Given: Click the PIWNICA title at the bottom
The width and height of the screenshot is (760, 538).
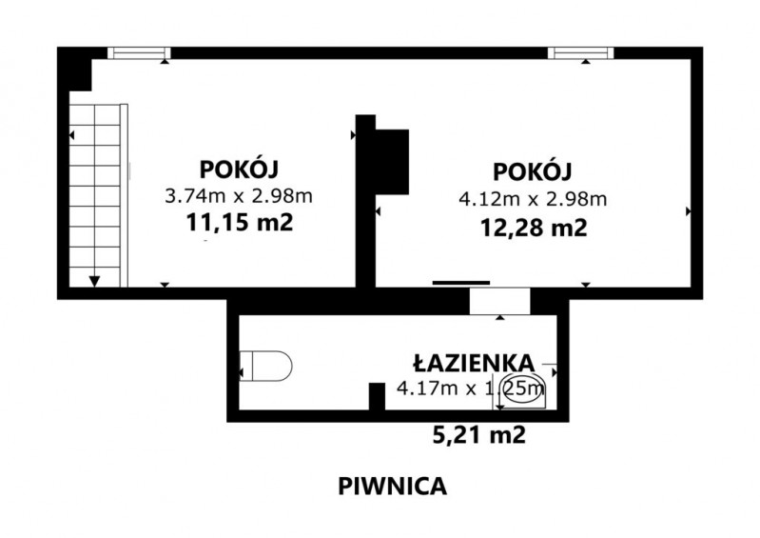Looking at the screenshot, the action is coord(392,486).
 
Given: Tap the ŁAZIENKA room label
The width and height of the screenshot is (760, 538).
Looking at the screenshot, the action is coord(474,363).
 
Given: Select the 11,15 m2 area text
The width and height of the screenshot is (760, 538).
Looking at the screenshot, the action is coord(240,223).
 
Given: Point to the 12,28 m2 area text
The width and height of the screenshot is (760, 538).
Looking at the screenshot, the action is coord(534,227).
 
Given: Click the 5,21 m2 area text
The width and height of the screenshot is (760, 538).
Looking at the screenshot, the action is coord(478,434).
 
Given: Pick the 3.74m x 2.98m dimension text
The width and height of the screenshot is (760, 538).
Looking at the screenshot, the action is coord(239,196).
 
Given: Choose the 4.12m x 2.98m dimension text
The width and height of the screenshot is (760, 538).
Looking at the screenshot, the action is coord(533,199).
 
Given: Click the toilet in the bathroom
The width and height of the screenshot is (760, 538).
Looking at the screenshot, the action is coord(266,367).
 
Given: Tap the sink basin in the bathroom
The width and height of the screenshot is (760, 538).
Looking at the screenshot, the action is coord(521,391).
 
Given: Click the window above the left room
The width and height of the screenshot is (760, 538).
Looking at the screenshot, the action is coord(139,53).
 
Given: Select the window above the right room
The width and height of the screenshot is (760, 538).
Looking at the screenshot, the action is coord(580,53).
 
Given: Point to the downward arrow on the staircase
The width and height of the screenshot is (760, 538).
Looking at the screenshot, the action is coord(94,281).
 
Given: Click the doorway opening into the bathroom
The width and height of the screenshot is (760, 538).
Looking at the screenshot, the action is coord(499,301).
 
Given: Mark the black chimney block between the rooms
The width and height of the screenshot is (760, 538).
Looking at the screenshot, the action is coord(392,162).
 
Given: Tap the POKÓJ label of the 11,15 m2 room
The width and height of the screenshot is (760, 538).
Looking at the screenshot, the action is coord(239,169).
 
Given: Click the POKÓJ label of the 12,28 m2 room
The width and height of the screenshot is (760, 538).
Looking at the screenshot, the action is coord(533,170).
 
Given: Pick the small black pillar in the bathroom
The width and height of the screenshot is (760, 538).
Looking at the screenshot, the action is coord(377,396).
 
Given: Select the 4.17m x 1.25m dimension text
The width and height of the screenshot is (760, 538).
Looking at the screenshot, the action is coord(470,389).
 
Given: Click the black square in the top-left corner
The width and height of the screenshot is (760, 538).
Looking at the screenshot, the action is coord(74,69).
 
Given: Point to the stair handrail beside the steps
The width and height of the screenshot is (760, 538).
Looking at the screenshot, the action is coord(124,195).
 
